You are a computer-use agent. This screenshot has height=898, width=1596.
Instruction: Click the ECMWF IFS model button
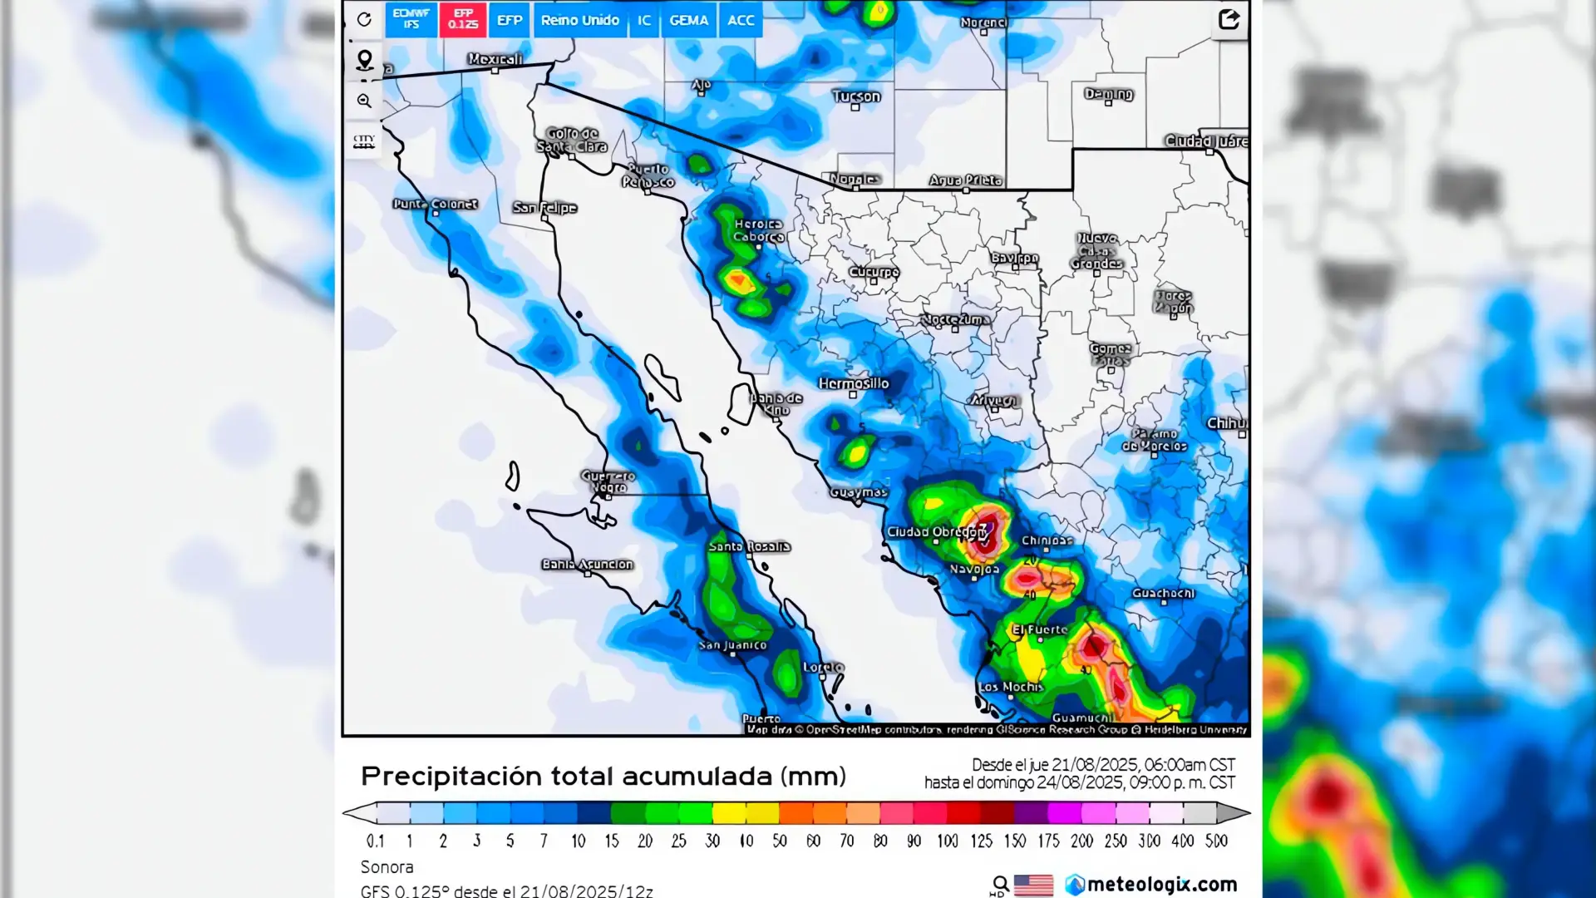click(x=411, y=19)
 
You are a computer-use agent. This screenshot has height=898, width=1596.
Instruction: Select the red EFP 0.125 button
click(x=463, y=19)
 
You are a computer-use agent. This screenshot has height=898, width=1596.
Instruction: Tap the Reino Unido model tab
click(x=579, y=20)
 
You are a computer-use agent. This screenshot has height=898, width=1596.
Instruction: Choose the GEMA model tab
click(x=688, y=20)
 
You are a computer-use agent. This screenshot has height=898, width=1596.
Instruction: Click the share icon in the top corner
click(x=1229, y=19)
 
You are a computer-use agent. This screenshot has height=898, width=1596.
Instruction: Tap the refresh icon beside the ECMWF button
click(x=364, y=19)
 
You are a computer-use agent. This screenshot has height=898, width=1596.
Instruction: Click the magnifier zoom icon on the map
click(x=364, y=101)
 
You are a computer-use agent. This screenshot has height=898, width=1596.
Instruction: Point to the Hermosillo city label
click(x=854, y=383)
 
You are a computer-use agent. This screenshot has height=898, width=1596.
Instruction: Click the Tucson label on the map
click(x=856, y=96)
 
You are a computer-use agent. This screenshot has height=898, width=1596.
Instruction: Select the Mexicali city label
click(x=495, y=59)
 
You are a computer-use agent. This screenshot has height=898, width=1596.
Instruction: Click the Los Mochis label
click(x=1010, y=687)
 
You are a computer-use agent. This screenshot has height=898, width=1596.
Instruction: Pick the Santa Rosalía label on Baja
click(x=749, y=546)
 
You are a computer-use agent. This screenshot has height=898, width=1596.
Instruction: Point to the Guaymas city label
click(x=859, y=492)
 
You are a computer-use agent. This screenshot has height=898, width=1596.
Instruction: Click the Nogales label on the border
click(x=855, y=179)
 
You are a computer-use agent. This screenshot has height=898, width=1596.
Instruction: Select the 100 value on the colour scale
click(x=947, y=841)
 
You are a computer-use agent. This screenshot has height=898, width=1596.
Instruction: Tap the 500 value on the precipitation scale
click(x=1216, y=841)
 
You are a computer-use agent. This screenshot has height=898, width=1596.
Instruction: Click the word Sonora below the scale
click(x=387, y=867)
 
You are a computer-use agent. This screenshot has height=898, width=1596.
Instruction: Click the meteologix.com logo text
click(x=1161, y=884)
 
